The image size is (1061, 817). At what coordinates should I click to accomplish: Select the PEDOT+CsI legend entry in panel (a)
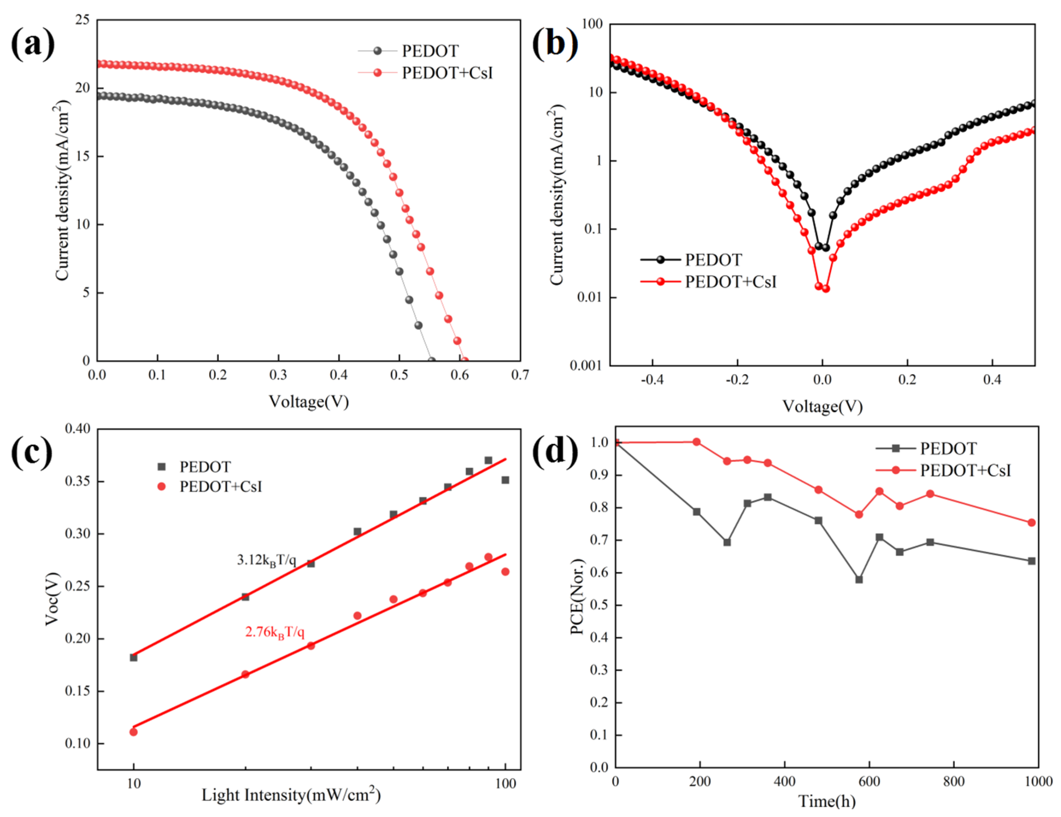coord(447,73)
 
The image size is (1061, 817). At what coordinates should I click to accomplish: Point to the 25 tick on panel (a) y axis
coord(83,20)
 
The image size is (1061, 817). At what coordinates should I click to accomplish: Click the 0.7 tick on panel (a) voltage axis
coord(520,375)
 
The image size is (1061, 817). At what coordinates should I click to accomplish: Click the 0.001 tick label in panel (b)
coord(586,365)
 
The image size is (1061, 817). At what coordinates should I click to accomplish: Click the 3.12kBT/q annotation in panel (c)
coord(266,560)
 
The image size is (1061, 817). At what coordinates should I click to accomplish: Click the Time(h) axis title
coord(827,800)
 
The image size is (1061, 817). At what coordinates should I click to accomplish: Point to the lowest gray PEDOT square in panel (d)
coord(859,580)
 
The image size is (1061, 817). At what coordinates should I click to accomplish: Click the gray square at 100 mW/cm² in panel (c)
coord(505,480)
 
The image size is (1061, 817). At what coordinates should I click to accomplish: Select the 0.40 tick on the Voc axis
coord(78,429)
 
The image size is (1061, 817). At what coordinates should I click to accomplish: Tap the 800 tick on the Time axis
coord(954,782)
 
